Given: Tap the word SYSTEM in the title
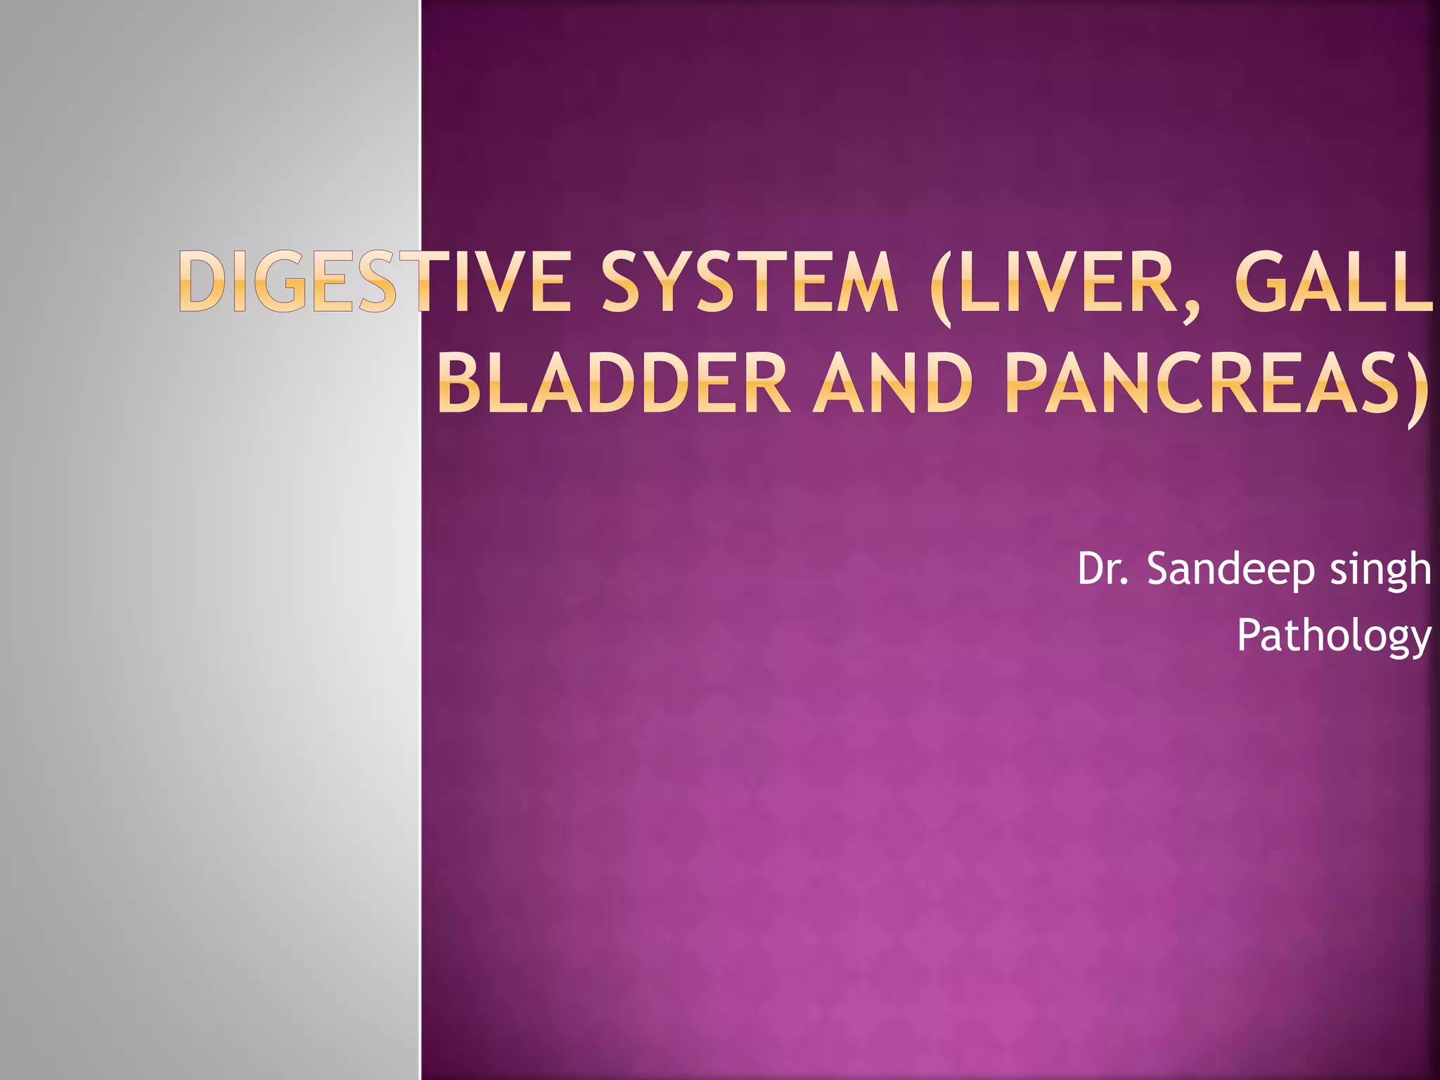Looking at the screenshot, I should [750, 281].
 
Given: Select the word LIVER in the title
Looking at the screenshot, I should [1065, 281].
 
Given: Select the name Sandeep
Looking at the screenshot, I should [1230, 570].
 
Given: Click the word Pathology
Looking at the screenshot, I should [1333, 637].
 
